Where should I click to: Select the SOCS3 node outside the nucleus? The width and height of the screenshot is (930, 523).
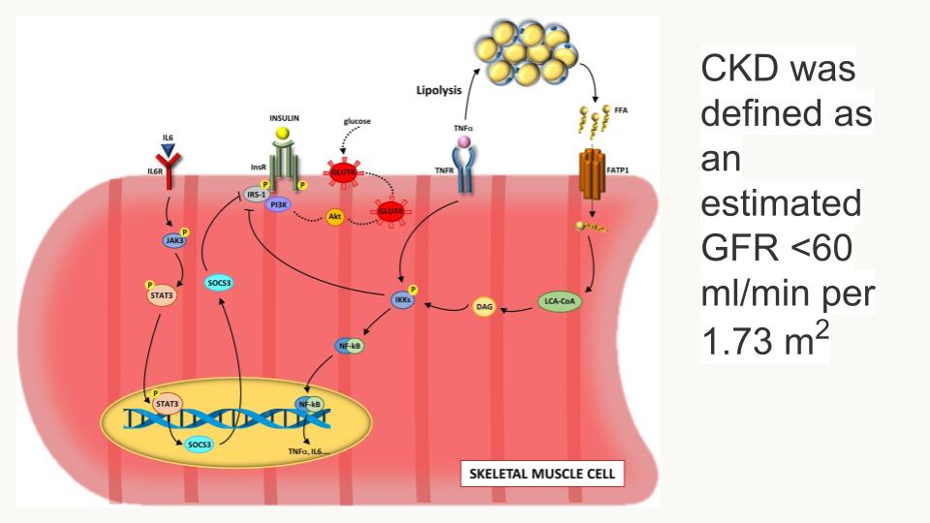pos(218,283)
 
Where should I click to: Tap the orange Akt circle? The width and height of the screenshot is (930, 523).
pos(335,219)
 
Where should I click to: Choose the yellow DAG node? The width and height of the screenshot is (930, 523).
pos(484,307)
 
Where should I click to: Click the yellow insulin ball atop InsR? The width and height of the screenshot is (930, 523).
pos(282,133)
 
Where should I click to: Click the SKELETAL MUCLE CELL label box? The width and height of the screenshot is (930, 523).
pos(542,475)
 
